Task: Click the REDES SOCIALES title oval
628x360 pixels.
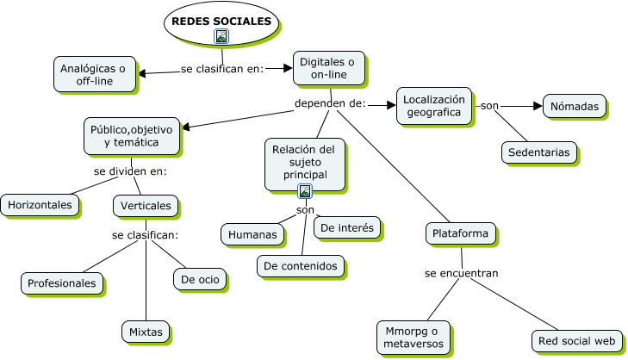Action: (221, 22)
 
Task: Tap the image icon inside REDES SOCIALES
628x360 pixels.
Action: (221, 36)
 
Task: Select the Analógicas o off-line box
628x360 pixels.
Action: (95, 74)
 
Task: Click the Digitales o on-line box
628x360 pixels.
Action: (326, 69)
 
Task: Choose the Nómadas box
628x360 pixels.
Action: (574, 106)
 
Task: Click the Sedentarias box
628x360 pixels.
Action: (539, 152)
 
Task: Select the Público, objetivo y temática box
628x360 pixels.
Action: (131, 135)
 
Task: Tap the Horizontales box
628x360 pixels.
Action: (40, 205)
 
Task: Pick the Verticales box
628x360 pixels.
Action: (145, 206)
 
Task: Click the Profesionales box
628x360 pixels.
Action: (61, 282)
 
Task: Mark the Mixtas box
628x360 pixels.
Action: (146, 331)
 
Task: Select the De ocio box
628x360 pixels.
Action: (199, 279)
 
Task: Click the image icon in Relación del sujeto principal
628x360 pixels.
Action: (304, 191)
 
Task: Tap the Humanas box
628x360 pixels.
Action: (253, 233)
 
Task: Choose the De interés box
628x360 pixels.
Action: (346, 227)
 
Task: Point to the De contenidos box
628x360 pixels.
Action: (301, 266)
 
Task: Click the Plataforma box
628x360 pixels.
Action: (461, 233)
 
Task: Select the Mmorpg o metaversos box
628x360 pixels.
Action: (413, 337)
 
